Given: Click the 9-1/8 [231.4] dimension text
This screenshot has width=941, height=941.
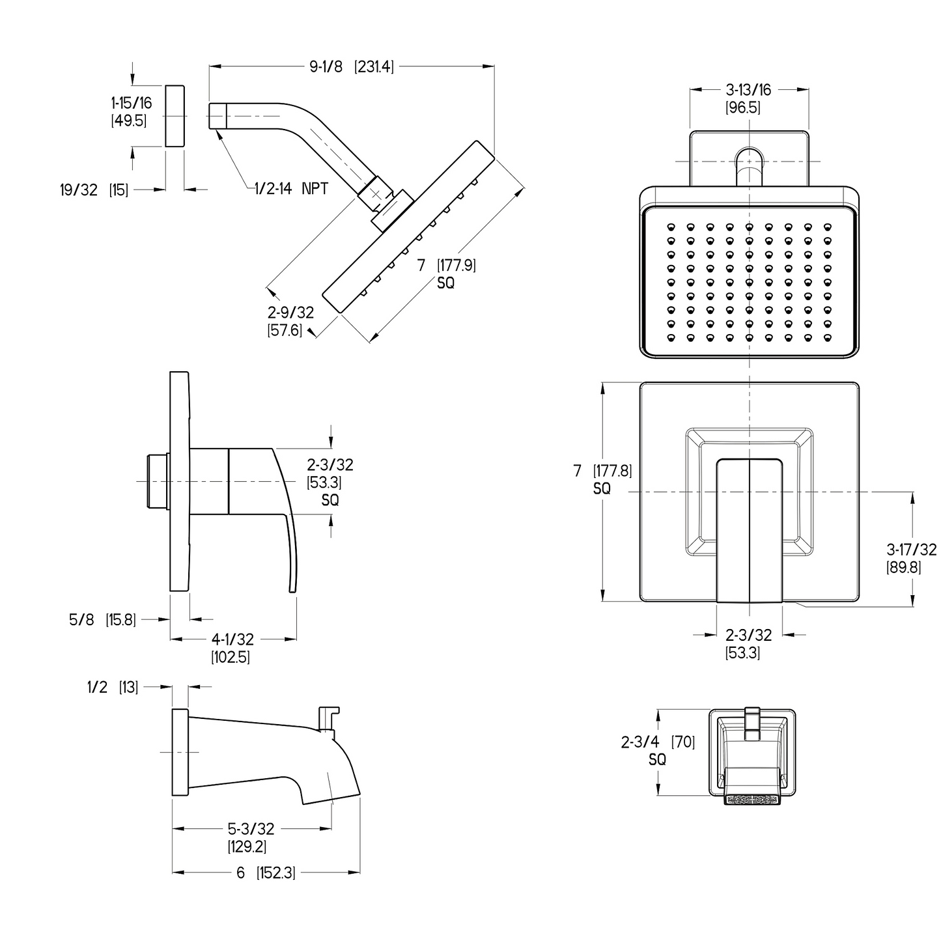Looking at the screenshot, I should (352, 66).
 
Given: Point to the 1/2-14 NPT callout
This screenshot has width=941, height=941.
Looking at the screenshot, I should (291, 189).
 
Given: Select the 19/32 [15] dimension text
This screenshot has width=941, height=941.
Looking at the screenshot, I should (94, 190).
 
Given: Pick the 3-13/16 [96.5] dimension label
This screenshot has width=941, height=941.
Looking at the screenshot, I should (748, 98).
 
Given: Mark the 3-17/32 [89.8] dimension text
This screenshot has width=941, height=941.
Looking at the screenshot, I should (912, 558).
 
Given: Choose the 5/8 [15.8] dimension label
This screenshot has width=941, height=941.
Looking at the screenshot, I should (102, 619).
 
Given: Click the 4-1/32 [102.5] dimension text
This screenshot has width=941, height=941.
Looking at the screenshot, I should (231, 648).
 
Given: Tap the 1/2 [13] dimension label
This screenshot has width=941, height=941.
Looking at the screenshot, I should (112, 687).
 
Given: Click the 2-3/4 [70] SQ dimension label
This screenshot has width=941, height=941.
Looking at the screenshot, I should (658, 750).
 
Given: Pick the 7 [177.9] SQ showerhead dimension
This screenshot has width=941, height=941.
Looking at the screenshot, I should (446, 273).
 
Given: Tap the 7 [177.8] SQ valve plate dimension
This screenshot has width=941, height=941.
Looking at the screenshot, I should (602, 479).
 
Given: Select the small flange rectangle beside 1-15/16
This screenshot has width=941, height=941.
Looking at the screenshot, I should (175, 116).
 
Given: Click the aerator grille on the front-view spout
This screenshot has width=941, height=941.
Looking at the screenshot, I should (752, 798).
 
